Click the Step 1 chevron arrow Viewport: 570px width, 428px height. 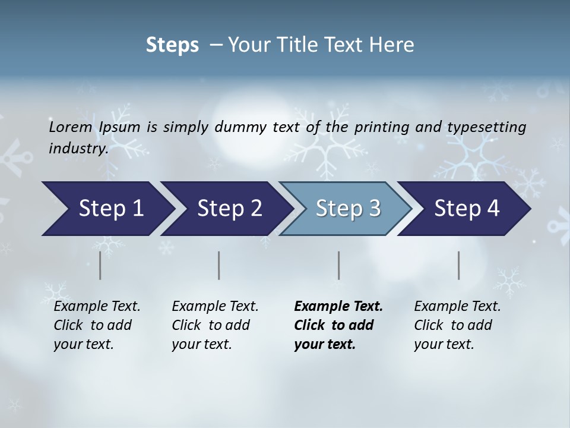click(107, 209)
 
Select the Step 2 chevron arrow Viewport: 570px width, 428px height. click(226, 209)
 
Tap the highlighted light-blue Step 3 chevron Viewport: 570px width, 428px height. click(346, 209)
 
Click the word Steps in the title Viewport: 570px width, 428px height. click(172, 45)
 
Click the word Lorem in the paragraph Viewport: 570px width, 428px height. click(71, 127)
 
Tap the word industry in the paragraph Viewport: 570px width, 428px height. click(78, 148)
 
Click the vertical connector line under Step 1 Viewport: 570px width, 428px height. click(100, 265)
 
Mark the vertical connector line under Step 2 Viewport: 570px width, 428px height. click(219, 265)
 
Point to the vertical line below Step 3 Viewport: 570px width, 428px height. click(339, 265)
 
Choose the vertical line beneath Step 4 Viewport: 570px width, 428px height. click(459, 265)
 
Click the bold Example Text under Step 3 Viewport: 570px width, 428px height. click(338, 306)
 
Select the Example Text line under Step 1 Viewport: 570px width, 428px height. click(97, 306)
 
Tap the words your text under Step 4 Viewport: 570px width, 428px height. click(444, 344)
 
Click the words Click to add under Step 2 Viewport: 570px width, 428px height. click(211, 325)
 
